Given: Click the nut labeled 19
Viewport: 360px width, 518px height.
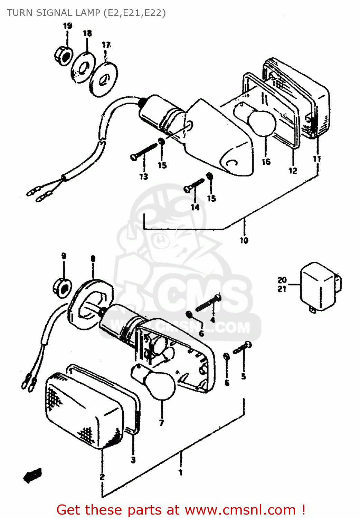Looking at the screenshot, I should click(63, 55).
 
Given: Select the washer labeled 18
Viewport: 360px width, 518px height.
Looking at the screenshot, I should click(83, 67).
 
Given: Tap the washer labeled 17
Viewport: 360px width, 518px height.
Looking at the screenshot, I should click(104, 79).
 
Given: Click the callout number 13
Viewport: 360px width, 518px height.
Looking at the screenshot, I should click(144, 176).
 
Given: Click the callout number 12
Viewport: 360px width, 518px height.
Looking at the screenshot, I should click(293, 171).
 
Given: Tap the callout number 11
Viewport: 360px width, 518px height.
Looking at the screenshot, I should click(317, 159).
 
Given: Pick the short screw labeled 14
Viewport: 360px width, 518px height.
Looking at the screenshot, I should click(194, 185).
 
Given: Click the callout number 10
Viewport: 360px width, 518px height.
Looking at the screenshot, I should click(244, 240).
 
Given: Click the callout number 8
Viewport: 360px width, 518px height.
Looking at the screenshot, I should click(93, 259).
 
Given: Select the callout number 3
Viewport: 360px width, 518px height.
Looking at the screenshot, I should click(133, 460).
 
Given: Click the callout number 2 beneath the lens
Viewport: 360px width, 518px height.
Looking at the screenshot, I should click(102, 477).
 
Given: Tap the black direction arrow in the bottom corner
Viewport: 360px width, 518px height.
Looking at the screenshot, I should click(32, 476).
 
